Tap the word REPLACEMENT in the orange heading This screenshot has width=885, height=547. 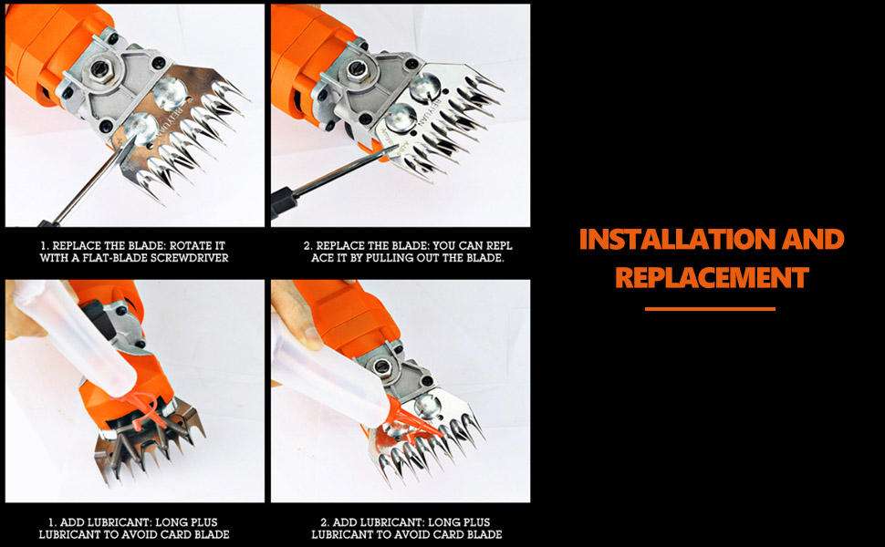pos(712,277)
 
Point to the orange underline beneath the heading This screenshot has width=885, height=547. pos(710,309)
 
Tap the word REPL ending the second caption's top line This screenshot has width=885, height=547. pos(498,246)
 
